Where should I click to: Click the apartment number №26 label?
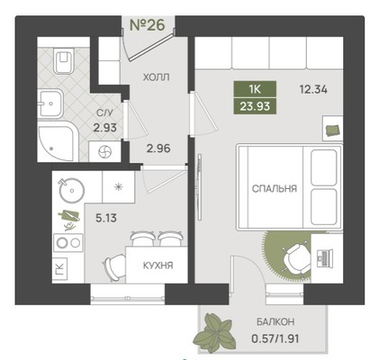148,25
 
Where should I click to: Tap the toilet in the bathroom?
62,61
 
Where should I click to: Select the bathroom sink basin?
50,103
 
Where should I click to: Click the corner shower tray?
58,143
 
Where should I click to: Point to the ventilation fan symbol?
105,152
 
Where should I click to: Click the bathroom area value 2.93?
104,128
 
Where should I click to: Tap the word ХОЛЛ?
156,77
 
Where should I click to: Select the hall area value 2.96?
158,148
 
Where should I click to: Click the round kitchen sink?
71,190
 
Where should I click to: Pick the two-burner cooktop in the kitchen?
68,243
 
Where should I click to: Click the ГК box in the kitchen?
59,268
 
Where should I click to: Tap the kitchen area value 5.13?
106,218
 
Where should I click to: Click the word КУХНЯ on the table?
158,265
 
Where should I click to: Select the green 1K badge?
255,89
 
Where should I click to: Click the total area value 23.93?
255,106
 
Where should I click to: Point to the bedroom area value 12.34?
313,89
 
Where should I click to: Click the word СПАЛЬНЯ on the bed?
275,189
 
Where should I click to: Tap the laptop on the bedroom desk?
324,258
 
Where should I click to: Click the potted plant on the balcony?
213,332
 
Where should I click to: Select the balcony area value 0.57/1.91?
275,339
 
